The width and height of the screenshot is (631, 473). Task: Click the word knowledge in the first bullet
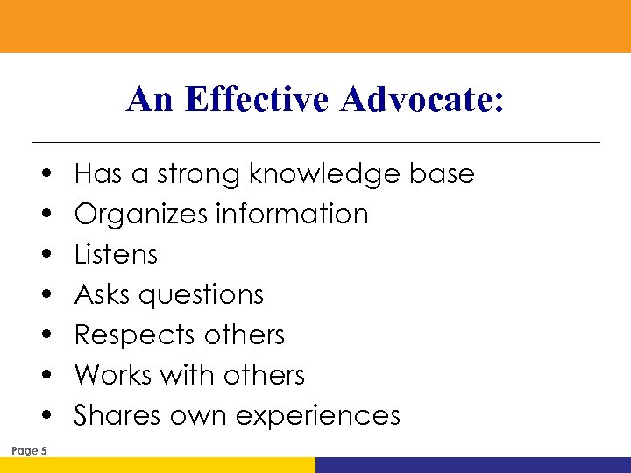pos(326,174)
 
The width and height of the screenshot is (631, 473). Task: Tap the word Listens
pos(117,255)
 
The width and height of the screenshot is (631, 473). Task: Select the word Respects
pos(135,335)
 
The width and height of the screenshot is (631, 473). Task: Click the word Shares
pos(111,415)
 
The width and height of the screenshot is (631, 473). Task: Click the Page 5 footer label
pos(31,451)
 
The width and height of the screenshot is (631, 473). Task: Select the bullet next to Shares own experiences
pos(44,416)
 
